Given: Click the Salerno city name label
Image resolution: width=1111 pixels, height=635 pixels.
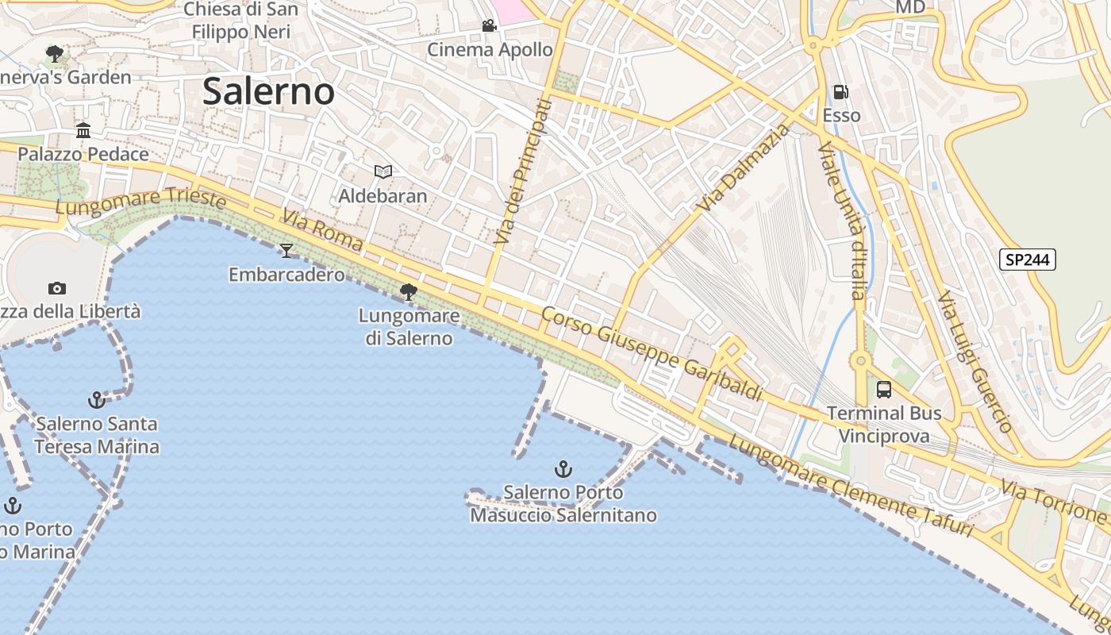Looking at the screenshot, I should [x=268, y=91].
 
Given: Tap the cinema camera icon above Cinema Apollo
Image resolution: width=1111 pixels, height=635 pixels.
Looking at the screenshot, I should [x=490, y=26].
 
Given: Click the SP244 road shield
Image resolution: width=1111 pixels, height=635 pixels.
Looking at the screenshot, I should [x=1027, y=260].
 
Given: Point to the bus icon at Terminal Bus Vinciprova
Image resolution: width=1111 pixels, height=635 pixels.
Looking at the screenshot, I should [x=884, y=390].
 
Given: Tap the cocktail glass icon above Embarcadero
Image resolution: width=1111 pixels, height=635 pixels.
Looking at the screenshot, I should [x=286, y=251].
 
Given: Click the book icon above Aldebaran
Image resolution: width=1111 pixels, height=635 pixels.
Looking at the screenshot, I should [x=383, y=171].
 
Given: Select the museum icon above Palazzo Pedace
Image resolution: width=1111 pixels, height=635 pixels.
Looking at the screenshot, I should [x=83, y=130].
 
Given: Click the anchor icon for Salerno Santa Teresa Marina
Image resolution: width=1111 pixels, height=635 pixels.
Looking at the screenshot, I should [x=96, y=399].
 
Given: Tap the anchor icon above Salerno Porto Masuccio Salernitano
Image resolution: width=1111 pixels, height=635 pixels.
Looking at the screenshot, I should [x=563, y=469].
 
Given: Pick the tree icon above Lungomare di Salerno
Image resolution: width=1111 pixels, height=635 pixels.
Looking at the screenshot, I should [x=409, y=292].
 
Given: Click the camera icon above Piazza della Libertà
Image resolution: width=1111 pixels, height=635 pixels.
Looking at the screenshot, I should [x=56, y=288].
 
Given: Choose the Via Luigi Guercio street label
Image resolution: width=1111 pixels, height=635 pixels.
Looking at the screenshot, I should [x=974, y=361].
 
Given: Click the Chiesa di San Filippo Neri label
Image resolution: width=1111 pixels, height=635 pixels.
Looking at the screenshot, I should [x=241, y=21].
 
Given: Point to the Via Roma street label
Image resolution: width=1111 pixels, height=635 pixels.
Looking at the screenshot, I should [x=322, y=229].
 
